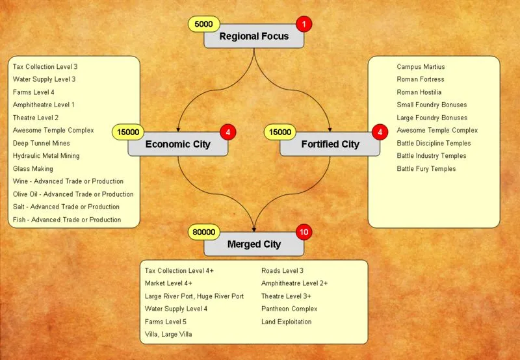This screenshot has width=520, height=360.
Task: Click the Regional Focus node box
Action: click(253, 36)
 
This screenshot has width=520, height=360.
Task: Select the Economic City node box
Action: click(177, 144)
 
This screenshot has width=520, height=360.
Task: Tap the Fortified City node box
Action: click(330, 144)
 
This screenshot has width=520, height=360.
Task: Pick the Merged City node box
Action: click(253, 244)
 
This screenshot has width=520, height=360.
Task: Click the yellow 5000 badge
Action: click(203, 25)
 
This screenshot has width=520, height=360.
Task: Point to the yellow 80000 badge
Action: click(203, 232)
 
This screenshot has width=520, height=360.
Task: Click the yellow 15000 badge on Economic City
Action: click(127, 132)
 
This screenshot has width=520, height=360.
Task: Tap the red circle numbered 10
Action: click(304, 232)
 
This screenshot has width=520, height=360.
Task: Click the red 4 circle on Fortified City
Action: click(380, 132)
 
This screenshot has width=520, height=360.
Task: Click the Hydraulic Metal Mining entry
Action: click(46, 156)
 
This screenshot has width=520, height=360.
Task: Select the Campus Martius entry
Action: click(421, 67)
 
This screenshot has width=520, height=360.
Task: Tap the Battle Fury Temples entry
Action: click(426, 169)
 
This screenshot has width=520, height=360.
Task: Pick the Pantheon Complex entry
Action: click(289, 309)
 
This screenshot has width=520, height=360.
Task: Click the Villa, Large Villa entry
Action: click(168, 334)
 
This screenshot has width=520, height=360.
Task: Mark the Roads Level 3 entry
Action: click(282, 270)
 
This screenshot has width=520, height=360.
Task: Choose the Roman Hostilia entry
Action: click(419, 92)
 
